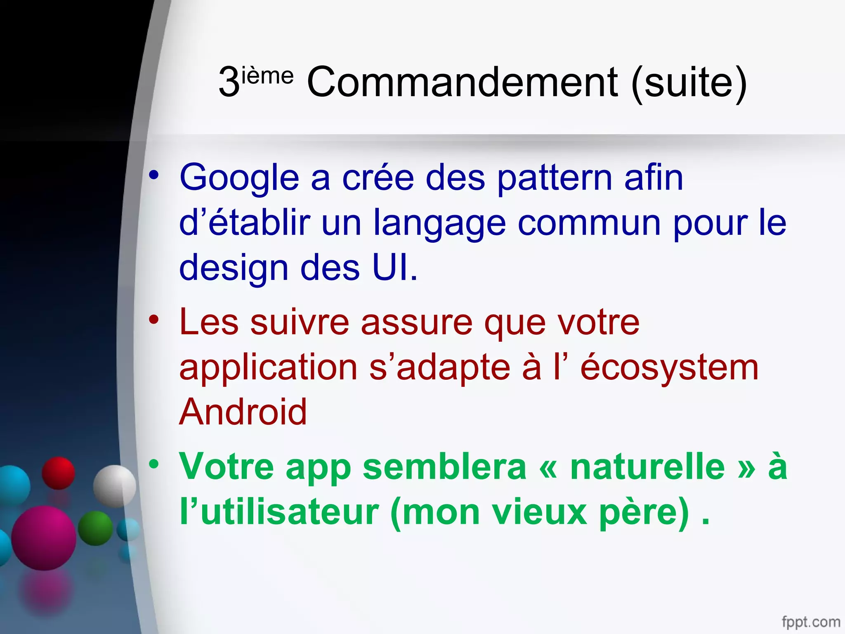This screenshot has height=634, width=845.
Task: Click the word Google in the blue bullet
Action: pos(239,178)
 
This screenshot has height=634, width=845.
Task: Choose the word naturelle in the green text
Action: pos(647,466)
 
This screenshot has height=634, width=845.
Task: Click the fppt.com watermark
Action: pos(810,621)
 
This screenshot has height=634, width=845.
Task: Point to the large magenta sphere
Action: pos(44,538)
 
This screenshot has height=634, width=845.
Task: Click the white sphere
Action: pos(114,486)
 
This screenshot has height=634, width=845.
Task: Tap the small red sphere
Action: pos(59,473)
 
